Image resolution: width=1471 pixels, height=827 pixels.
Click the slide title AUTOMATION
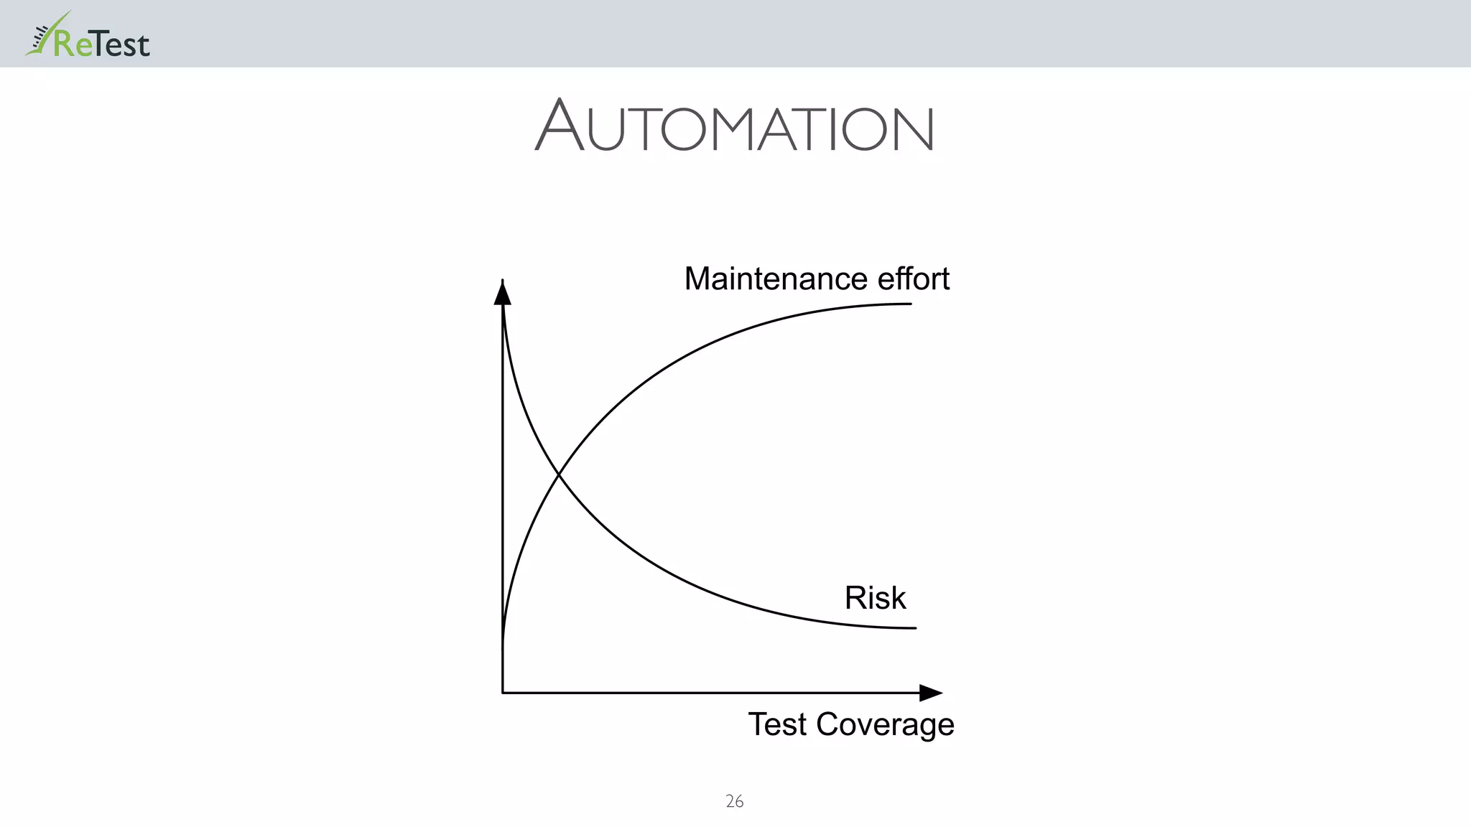click(x=734, y=126)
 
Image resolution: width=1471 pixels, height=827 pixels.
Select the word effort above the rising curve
click(x=913, y=279)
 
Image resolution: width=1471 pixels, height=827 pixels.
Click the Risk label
click(x=875, y=598)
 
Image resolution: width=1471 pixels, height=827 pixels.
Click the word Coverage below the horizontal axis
click(x=885, y=725)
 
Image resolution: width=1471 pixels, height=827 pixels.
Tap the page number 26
click(x=734, y=801)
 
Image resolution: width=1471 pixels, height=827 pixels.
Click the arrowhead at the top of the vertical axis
click(x=503, y=293)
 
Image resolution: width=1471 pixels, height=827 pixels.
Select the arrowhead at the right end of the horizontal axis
click(x=930, y=693)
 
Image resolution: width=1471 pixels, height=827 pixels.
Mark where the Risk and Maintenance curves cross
click(x=559, y=475)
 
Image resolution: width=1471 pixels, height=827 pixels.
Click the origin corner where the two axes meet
click(x=503, y=693)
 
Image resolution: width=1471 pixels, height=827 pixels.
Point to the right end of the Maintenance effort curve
click(x=910, y=304)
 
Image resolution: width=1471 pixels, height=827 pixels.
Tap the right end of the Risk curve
click(x=914, y=628)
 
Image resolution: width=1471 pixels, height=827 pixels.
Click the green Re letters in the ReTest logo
click(x=73, y=45)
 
